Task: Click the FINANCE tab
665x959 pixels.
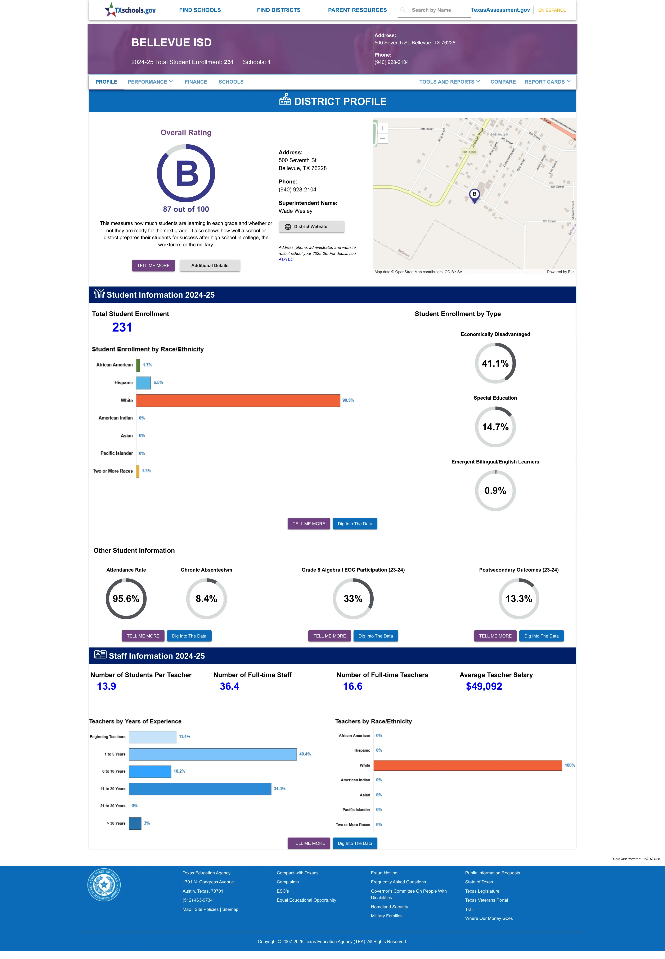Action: (x=196, y=82)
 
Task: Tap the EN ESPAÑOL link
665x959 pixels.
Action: (x=552, y=10)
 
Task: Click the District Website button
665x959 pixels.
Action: (x=311, y=227)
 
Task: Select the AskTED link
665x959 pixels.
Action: (x=286, y=259)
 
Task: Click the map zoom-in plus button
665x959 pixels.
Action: (x=382, y=128)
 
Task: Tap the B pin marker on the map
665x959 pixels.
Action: (x=474, y=195)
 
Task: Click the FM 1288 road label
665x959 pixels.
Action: (x=469, y=152)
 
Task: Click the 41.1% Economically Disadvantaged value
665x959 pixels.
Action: (x=495, y=363)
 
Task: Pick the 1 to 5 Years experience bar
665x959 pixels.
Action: (x=212, y=754)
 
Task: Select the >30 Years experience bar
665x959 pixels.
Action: (x=135, y=823)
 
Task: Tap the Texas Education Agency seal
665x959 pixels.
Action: (x=104, y=884)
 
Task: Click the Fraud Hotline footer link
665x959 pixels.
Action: (x=384, y=873)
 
